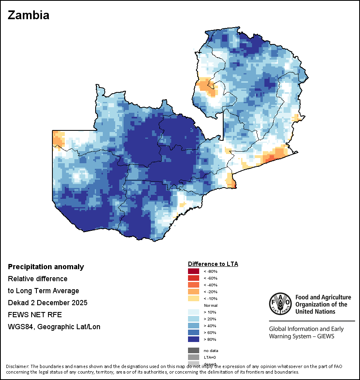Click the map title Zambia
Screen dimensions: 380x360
pyautogui.click(x=28, y=15)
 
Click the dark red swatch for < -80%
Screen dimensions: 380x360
pyautogui.click(x=194, y=272)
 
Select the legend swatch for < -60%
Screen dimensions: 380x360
pyautogui.click(x=194, y=278)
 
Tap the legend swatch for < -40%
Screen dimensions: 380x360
pyautogui.click(x=194, y=285)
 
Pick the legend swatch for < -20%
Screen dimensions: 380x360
pyautogui.click(x=194, y=292)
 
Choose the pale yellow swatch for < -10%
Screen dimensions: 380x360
pyautogui.click(x=194, y=299)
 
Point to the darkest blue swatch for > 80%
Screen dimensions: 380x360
pyautogui.click(x=194, y=340)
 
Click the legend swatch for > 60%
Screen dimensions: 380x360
pyautogui.click(x=194, y=333)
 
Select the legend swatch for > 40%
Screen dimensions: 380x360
pyautogui.click(x=194, y=326)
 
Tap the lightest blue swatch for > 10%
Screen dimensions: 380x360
pyautogui.click(x=194, y=312)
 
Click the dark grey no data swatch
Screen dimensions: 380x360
pyautogui.click(x=194, y=350)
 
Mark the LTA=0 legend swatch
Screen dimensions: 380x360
pyautogui.click(x=194, y=357)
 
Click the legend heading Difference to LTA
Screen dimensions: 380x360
pyautogui.click(x=213, y=264)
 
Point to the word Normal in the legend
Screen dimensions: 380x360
pyautogui.click(x=210, y=306)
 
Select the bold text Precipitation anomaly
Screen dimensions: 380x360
pyautogui.click(x=46, y=267)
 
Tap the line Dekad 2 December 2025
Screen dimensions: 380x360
pyautogui.click(x=48, y=303)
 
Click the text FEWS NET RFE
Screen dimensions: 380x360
pyautogui.click(x=35, y=315)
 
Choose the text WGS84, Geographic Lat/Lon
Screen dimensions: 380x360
pyautogui.click(x=54, y=327)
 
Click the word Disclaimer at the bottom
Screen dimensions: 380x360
pyautogui.click(x=17, y=366)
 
